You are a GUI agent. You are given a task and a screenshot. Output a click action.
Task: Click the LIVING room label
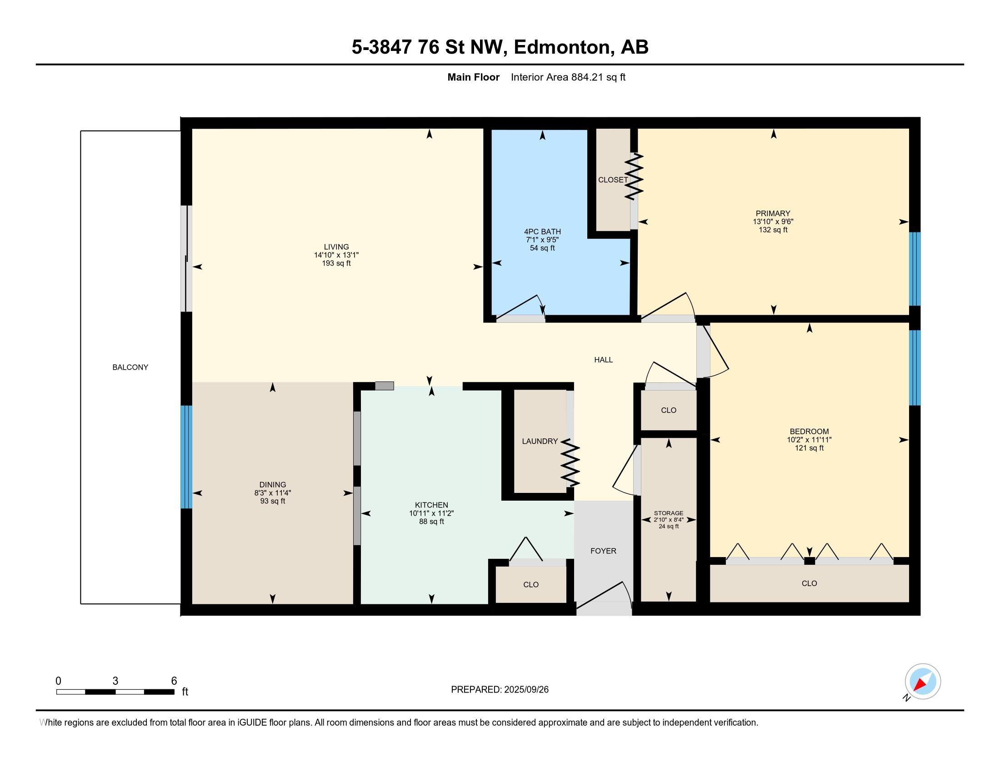point(336,247)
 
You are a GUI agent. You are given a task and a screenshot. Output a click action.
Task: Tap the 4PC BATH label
point(542,232)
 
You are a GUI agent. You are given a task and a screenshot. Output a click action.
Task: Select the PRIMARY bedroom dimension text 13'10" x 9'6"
point(773,221)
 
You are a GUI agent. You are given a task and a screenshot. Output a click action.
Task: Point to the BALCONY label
point(130,367)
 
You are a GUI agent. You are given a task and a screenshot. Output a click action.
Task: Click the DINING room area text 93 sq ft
point(272,501)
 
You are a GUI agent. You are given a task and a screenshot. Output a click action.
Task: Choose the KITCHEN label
point(431,505)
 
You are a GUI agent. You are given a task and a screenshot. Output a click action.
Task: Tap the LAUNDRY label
point(540,442)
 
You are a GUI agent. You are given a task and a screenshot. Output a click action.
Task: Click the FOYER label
point(603,551)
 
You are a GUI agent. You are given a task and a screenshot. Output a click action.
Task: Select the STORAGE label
point(669,513)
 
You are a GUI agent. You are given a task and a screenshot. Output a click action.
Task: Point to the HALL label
point(604,360)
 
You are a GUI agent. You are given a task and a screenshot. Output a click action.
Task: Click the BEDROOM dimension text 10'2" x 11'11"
point(809,440)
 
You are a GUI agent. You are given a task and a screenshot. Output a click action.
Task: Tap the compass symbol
point(922,682)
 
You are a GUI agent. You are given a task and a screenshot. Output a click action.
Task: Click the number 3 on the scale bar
point(115,681)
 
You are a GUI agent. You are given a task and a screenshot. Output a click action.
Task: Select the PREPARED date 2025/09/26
point(525,690)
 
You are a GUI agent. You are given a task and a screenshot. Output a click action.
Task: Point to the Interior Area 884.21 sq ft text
point(568,77)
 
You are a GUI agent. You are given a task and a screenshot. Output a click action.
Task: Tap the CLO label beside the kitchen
point(530,585)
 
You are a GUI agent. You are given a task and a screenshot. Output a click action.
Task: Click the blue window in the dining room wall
point(186,457)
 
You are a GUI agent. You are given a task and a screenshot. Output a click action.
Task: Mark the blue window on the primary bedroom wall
point(915,269)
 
